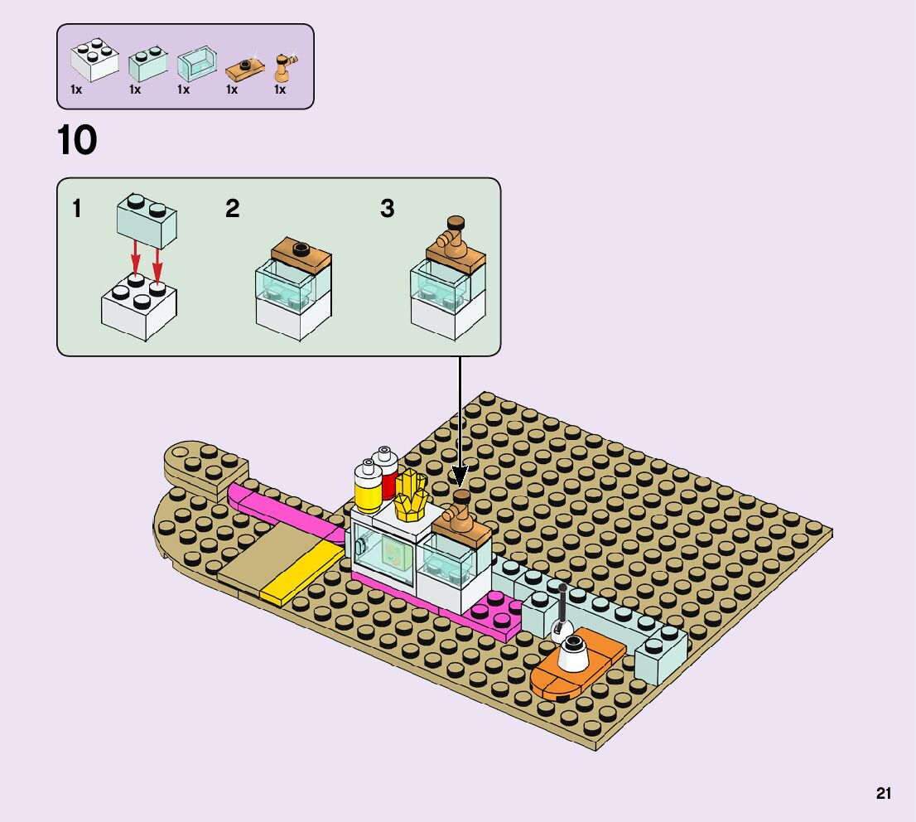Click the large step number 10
[77, 141]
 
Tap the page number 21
[884, 794]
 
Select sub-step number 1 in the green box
[77, 209]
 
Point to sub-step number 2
[233, 209]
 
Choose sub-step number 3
[387, 209]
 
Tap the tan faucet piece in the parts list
[286, 65]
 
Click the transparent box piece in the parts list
[195, 63]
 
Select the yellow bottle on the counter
[367, 489]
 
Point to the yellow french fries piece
[410, 496]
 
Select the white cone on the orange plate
[572, 655]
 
